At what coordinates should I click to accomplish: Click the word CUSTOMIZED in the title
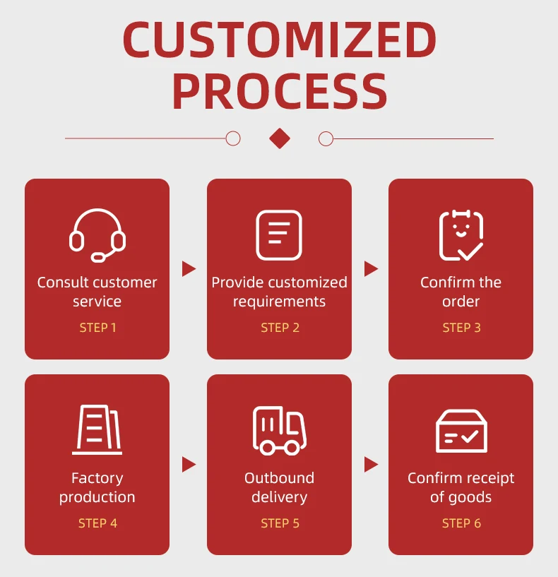pyautogui.click(x=279, y=40)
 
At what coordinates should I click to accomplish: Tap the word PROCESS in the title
pyautogui.click(x=279, y=92)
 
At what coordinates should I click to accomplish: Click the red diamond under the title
pyautogui.click(x=280, y=138)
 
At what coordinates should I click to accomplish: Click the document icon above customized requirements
pyautogui.click(x=279, y=235)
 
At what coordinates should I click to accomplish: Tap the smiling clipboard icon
pyautogui.click(x=461, y=235)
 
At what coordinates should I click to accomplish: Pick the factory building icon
pyautogui.click(x=97, y=430)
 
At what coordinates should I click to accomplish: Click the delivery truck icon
pyautogui.click(x=279, y=430)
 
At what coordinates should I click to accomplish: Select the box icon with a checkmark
pyautogui.click(x=461, y=431)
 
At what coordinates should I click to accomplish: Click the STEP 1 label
pyautogui.click(x=97, y=328)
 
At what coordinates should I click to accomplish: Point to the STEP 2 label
pyautogui.click(x=280, y=328)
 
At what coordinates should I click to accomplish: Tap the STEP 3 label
pyautogui.click(x=461, y=328)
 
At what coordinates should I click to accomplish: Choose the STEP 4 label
pyautogui.click(x=97, y=523)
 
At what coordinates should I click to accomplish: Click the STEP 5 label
pyautogui.click(x=280, y=523)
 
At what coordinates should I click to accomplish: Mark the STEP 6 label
pyautogui.click(x=461, y=523)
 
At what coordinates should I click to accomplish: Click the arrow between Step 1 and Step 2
pyautogui.click(x=189, y=268)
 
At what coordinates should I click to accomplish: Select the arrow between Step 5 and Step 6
pyautogui.click(x=371, y=464)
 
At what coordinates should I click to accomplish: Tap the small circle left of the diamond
pyautogui.click(x=233, y=138)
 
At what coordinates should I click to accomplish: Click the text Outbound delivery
pyautogui.click(x=279, y=487)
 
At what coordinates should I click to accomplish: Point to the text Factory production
pyautogui.click(x=97, y=487)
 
